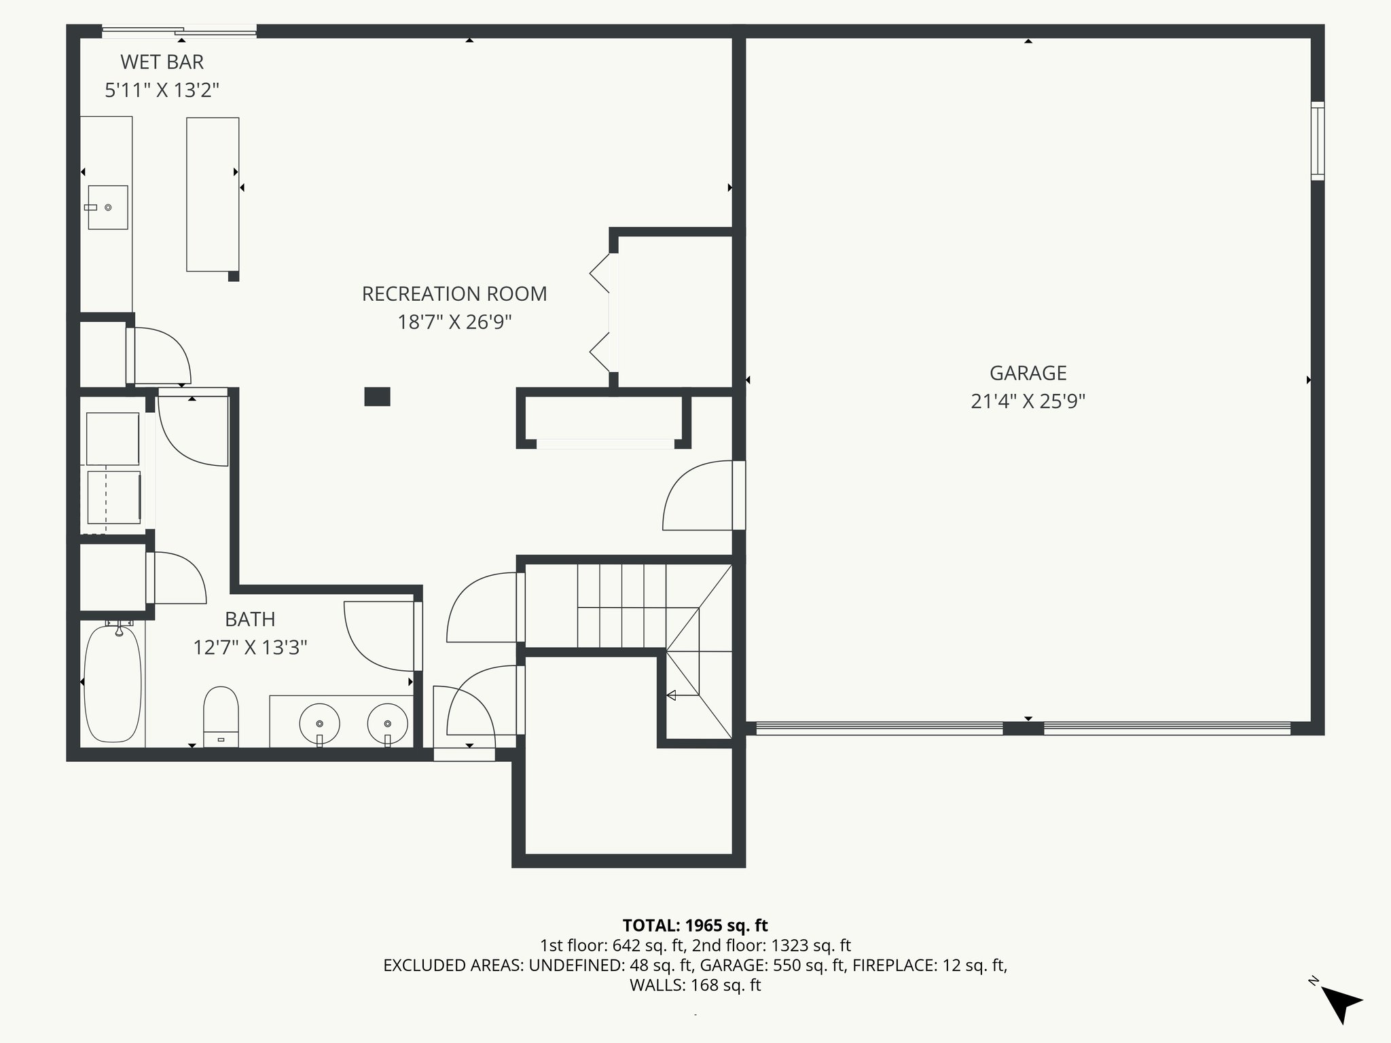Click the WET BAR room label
[162, 62]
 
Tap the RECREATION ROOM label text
[454, 294]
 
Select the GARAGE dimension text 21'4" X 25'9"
[1028, 401]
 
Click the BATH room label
[250, 619]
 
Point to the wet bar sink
[108, 207]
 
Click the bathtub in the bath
[113, 684]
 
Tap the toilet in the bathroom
[221, 716]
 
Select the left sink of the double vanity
[319, 725]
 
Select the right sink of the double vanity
[388, 725]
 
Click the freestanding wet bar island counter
[213, 194]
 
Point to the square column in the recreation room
[377, 397]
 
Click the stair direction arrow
[672, 695]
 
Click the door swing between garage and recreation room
[700, 496]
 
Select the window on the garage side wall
[1317, 141]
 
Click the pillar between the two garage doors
[1023, 729]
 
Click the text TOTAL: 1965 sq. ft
[695, 925]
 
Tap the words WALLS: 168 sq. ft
[695, 985]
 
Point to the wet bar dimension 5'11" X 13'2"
[162, 90]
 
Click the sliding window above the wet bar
[179, 31]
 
